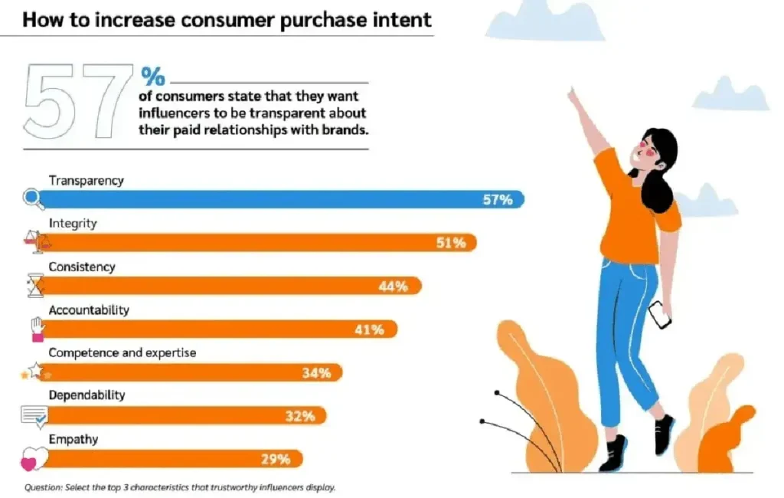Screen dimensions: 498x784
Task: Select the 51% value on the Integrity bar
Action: click(x=452, y=243)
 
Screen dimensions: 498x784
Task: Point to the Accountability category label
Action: click(x=89, y=310)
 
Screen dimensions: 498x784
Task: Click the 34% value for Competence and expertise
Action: click(x=316, y=373)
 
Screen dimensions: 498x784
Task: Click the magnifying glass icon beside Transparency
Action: click(x=33, y=198)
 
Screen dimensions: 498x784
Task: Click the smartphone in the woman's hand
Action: click(x=659, y=314)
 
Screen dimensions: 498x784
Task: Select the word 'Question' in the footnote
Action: click(x=43, y=487)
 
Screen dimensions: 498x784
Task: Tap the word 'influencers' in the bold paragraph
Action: click(x=177, y=113)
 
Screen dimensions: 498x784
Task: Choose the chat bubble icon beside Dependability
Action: click(x=35, y=416)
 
